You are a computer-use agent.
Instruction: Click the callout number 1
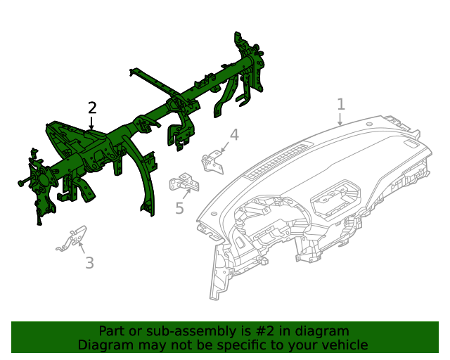(x=341, y=105)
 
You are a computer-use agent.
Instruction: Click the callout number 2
(x=92, y=108)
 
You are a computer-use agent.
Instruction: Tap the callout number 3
(x=89, y=264)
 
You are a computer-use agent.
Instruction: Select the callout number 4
(x=234, y=134)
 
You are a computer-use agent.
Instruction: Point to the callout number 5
(x=179, y=208)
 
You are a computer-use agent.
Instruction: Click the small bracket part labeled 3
(x=72, y=239)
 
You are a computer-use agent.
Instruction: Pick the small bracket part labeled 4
(x=212, y=162)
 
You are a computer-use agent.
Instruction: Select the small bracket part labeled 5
(x=185, y=183)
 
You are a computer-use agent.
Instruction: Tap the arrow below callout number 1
(x=340, y=120)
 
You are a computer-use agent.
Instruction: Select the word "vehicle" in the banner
(x=344, y=345)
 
